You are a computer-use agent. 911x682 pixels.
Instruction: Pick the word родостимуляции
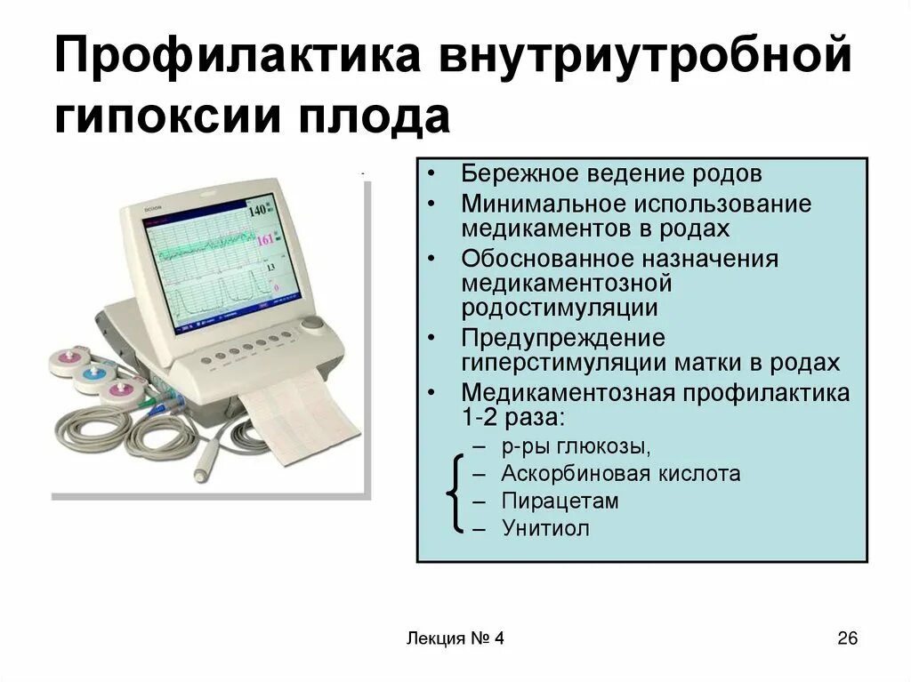tap(560, 308)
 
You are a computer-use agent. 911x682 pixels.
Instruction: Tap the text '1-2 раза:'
tap(512, 418)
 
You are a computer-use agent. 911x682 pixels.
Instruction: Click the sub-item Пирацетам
tap(559, 501)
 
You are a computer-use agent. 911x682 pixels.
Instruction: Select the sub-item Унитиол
tap(545, 528)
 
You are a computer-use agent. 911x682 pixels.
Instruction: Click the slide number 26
tap(846, 638)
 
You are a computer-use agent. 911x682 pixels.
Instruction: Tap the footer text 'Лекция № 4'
tap(454, 638)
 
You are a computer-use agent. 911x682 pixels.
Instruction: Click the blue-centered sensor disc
tap(91, 376)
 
